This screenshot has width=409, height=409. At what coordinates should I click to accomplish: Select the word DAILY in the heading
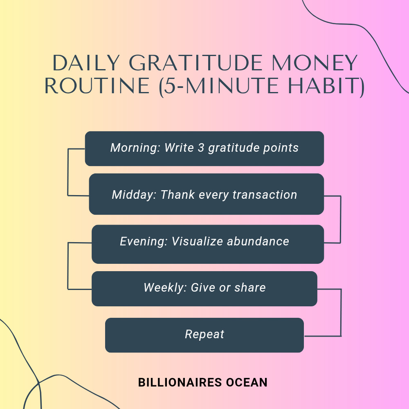tap(86, 63)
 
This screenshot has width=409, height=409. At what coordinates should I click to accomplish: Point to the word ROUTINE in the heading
tap(97, 85)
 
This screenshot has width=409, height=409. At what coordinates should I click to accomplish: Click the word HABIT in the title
tap(323, 85)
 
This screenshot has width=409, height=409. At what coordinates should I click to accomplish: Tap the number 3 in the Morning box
tap(201, 148)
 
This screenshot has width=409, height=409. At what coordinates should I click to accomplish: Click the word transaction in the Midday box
tap(265, 195)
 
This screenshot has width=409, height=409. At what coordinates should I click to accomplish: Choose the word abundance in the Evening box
tap(258, 241)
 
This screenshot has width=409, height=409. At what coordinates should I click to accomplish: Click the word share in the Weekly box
tap(250, 288)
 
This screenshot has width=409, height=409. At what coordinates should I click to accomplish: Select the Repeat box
tap(204, 335)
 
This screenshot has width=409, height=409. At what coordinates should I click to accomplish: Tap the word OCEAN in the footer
tap(247, 382)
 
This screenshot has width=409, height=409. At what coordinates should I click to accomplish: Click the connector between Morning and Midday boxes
tap(68, 172)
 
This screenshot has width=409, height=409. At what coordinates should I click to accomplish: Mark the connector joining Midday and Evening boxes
tap(341, 219)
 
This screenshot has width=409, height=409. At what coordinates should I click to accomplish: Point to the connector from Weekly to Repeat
tap(341, 312)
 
